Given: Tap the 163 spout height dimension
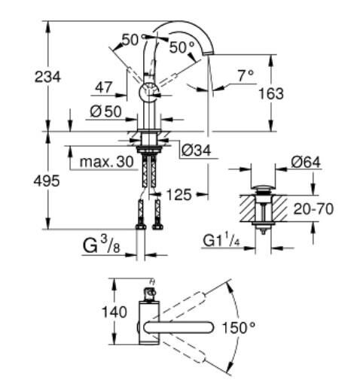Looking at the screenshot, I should [x=270, y=93].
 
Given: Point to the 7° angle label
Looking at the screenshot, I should [x=244, y=75].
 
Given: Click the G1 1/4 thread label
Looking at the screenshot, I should [x=222, y=240].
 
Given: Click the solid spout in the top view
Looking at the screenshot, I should [x=174, y=328].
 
